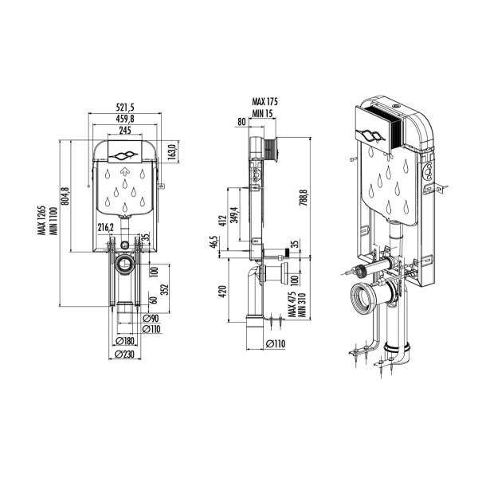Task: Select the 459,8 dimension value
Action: pos(122,119)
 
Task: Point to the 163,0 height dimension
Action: pos(171,151)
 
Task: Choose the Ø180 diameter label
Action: pos(123,341)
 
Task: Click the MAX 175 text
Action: pos(268,102)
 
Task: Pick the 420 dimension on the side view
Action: pos(224,291)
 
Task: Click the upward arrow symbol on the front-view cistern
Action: pos(123,169)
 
